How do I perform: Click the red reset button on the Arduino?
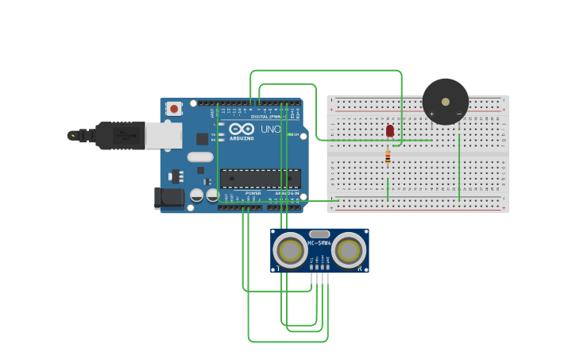pyautogui.click(x=173, y=108)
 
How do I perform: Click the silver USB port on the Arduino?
pyautogui.click(x=163, y=135)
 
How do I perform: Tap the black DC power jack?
pyautogui.click(x=168, y=198)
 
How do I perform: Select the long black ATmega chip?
pyautogui.click(x=260, y=179)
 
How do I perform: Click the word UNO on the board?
pyautogui.click(x=271, y=129)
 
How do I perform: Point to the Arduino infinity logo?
pyautogui.click(x=242, y=129)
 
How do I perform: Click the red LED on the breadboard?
pyautogui.click(x=389, y=130)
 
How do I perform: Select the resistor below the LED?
pyautogui.click(x=388, y=157)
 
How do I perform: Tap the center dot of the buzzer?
pyautogui.click(x=445, y=102)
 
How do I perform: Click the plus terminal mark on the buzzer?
pyautogui.click(x=431, y=114)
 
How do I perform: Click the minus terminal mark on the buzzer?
pyautogui.click(x=459, y=114)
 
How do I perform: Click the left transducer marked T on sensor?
pyautogui.click(x=290, y=251)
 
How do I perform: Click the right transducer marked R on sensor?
pyautogui.click(x=349, y=251)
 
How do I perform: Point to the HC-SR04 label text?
pyautogui.click(x=319, y=243)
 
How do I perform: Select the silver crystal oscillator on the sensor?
pyautogui.click(x=319, y=234)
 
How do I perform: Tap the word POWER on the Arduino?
pyautogui.click(x=253, y=193)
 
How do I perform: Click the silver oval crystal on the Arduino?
pyautogui.click(x=200, y=157)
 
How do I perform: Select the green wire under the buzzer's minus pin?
pyautogui.click(x=459, y=167)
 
